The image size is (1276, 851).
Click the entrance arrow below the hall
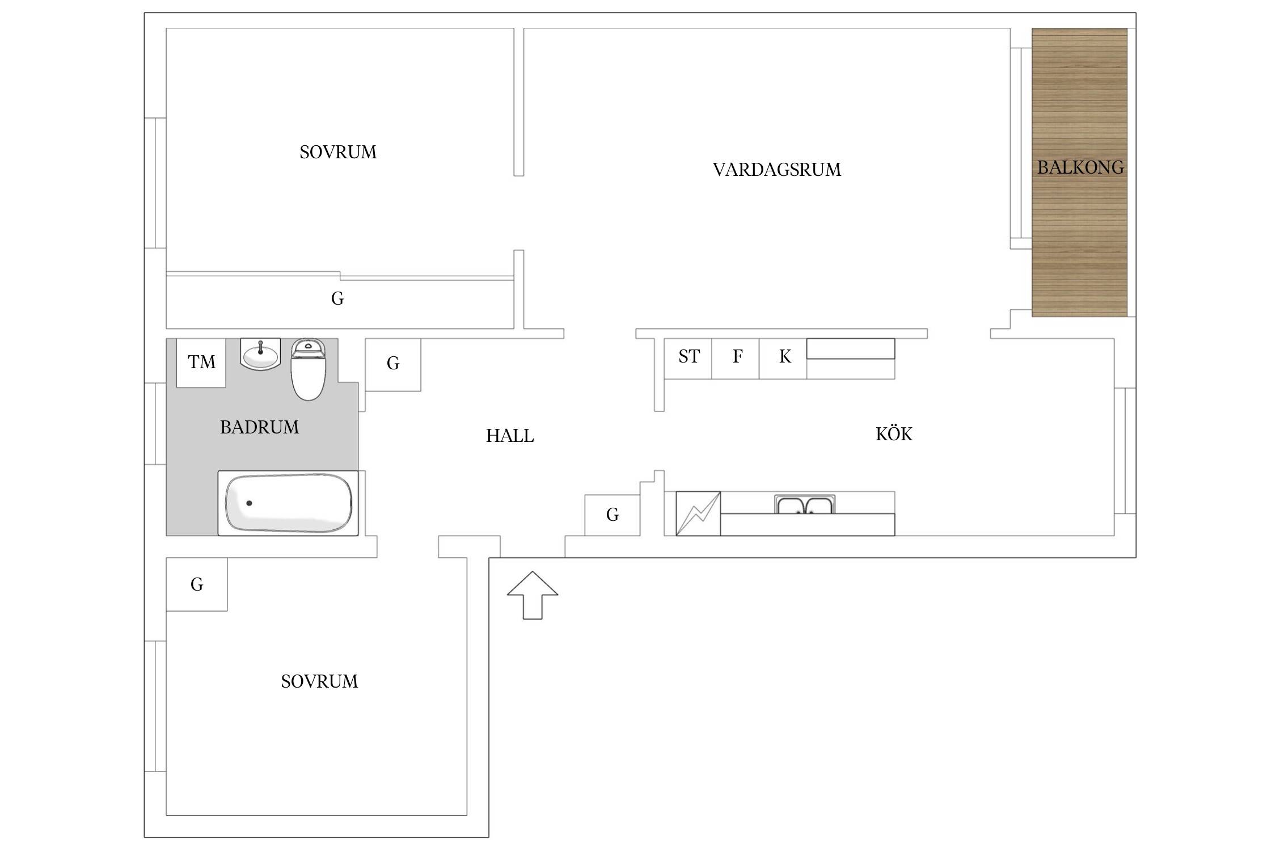533,595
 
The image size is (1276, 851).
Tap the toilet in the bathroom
308,369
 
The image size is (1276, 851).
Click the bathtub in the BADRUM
288,503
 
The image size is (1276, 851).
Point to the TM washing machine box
201,363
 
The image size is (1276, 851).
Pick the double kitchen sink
804,504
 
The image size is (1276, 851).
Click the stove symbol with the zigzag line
698,513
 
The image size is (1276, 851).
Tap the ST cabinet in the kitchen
688,359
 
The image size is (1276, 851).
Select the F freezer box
736,359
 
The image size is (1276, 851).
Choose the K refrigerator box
783,359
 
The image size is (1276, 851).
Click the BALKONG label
1080,167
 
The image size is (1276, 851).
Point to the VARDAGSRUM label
777,170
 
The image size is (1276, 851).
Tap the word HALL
510,436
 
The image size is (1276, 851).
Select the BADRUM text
259,427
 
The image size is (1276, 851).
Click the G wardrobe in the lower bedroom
197,584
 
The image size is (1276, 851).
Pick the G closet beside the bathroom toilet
393,365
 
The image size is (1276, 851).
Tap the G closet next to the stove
612,515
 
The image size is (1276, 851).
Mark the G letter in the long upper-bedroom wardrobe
337,298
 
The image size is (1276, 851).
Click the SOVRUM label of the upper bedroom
338,152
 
